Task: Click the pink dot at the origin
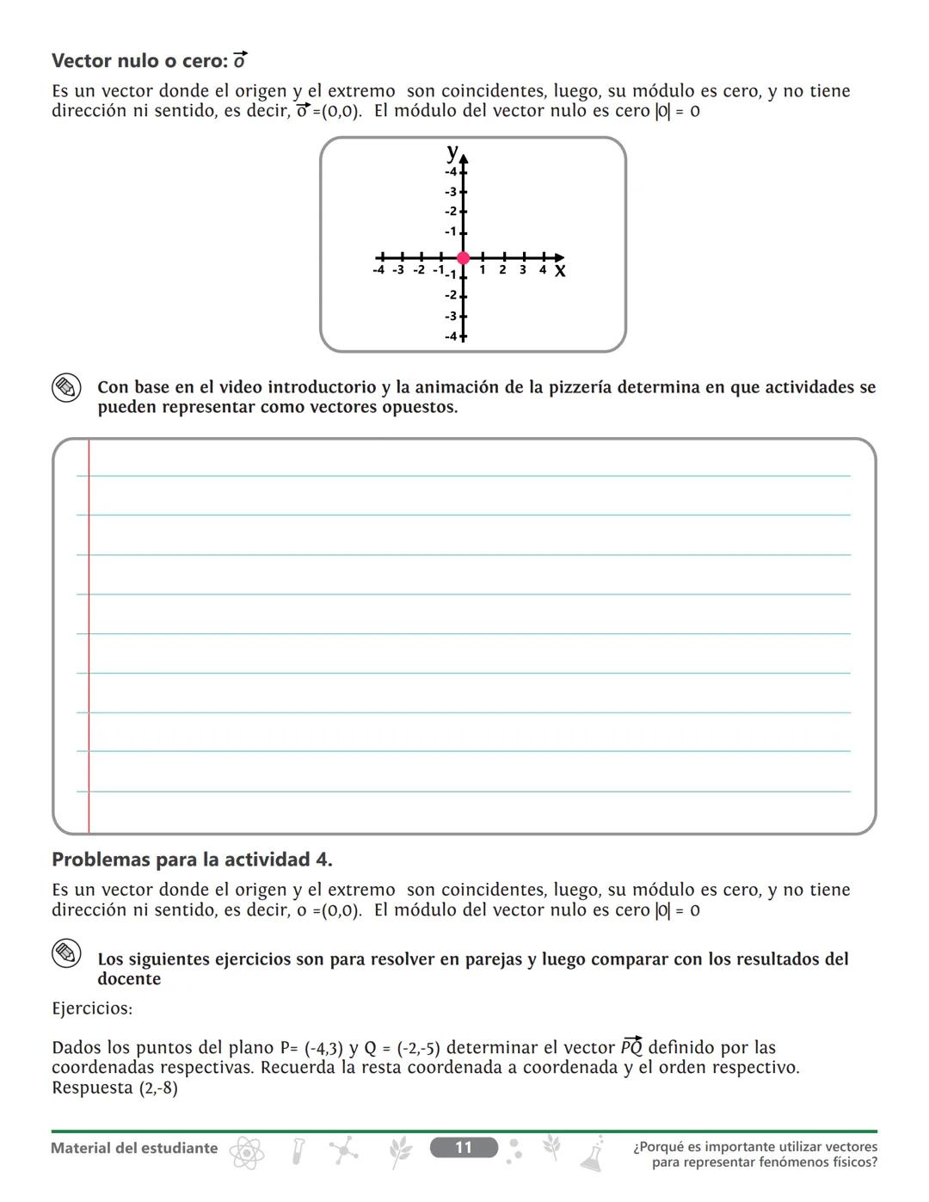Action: pos(464,257)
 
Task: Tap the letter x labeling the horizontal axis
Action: pos(560,271)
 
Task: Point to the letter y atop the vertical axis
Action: pos(452,152)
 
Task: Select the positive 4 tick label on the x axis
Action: pos(543,270)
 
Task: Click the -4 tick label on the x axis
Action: pos(378,270)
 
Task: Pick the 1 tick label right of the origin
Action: pos(483,270)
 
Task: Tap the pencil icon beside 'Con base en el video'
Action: pos(66,388)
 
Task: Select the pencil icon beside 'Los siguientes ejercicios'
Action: pos(66,953)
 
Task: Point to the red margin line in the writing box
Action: pos(89,637)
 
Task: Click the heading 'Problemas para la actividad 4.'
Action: pos(192,860)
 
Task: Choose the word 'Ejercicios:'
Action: pos(92,1008)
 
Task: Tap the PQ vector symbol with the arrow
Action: pos(631,1046)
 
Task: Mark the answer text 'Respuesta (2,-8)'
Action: pos(114,1088)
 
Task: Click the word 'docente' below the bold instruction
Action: pos(129,979)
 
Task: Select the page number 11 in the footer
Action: pos(464,1148)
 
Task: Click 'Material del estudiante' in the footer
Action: pos(134,1148)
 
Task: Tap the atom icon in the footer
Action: pos(246,1152)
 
